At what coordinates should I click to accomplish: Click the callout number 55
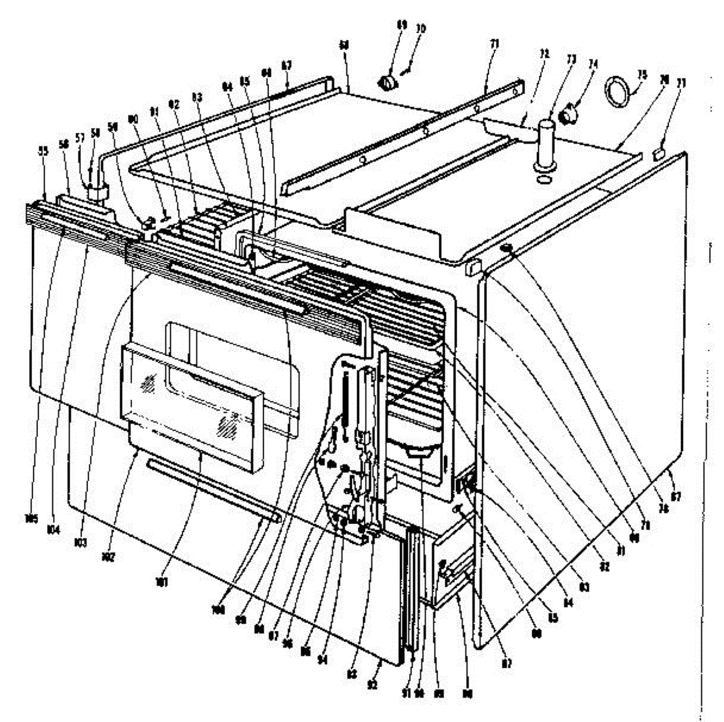point(42,153)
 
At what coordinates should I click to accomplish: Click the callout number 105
point(31,517)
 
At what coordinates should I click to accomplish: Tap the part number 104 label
point(54,529)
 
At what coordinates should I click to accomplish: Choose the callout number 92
point(373,685)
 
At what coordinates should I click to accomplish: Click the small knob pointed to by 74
point(568,112)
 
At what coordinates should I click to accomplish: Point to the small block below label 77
point(659,154)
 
